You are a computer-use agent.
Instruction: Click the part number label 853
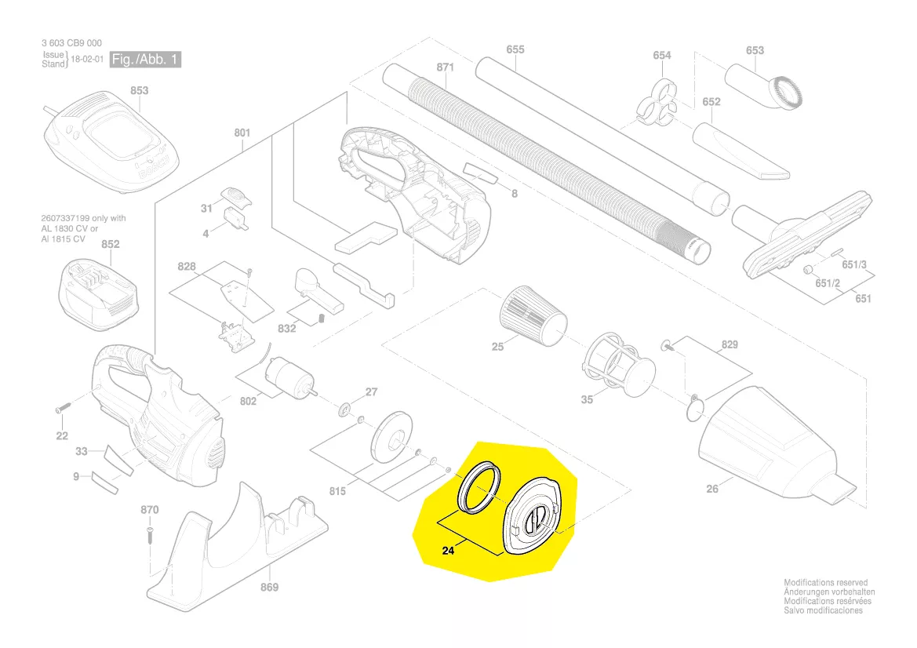[x=139, y=91]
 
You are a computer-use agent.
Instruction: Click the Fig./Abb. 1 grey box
[x=146, y=60]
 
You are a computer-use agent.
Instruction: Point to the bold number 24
[x=448, y=552]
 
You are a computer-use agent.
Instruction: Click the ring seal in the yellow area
[x=479, y=487]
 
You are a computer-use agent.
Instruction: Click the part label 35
[x=587, y=400]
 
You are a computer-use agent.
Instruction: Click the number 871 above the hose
[x=445, y=67]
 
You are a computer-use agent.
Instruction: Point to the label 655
[x=515, y=49]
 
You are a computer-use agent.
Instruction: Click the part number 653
[x=754, y=50]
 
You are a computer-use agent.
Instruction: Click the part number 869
[x=269, y=588]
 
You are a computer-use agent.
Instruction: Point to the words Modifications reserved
[x=825, y=583]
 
